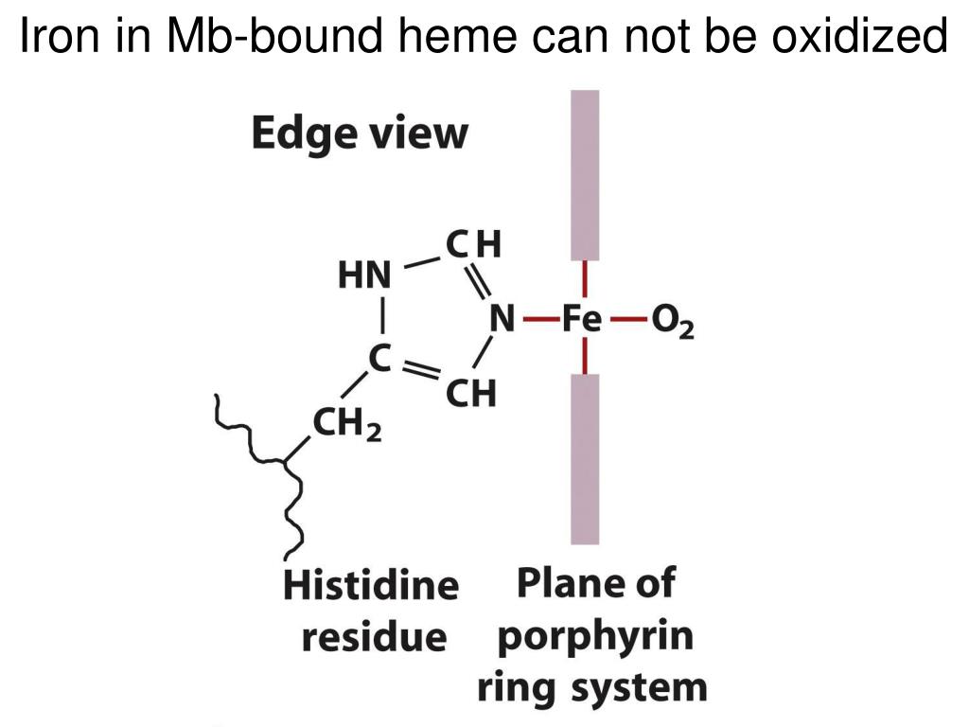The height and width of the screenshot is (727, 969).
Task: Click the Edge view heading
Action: click(x=360, y=134)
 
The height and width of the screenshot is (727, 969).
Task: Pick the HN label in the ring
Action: click(x=364, y=275)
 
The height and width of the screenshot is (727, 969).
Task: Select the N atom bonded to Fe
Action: click(x=501, y=320)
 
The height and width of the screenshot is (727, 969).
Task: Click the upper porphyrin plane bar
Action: click(x=585, y=174)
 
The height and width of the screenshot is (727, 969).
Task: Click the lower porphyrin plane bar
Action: click(x=585, y=458)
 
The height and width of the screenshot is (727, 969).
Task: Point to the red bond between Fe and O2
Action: click(x=627, y=320)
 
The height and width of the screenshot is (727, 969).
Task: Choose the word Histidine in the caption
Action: click(x=371, y=586)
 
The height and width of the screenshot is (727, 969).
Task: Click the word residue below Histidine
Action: click(x=373, y=636)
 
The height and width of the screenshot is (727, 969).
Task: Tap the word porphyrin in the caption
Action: click(x=595, y=636)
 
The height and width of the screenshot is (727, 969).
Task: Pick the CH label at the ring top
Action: click(x=473, y=245)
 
